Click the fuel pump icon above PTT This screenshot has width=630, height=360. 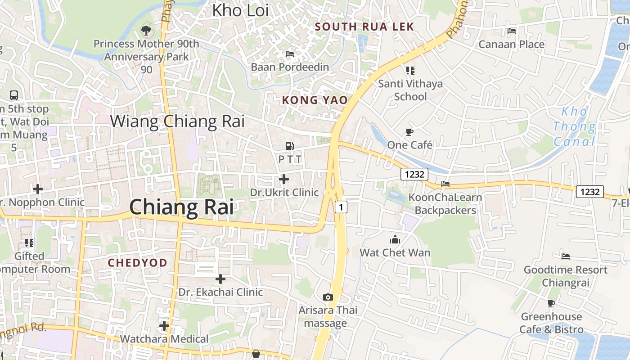tap(289, 146)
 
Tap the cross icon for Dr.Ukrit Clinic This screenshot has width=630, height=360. tap(284, 179)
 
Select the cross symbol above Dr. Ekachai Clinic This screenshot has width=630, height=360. tap(220, 279)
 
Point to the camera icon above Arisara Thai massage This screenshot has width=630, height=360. tap(328, 297)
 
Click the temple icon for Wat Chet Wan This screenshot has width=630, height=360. tap(395, 239)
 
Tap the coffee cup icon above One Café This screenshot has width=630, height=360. tap(409, 132)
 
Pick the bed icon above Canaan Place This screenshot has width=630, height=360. tap(512, 31)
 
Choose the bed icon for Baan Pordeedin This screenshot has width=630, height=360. tap(290, 54)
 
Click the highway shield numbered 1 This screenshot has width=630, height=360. tap(341, 207)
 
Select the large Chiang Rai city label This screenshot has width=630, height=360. tap(181, 207)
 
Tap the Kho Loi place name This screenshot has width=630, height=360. tap(240, 10)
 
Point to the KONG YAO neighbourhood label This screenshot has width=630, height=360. tap(315, 100)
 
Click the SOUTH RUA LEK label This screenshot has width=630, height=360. tap(364, 27)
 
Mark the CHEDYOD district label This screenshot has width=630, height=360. tap(138, 263)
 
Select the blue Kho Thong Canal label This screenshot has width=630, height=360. tap(574, 126)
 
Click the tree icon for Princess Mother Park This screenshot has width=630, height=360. tap(146, 31)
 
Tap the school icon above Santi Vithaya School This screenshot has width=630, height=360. tap(410, 71)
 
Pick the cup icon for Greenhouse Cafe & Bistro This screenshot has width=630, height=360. tap(551, 303)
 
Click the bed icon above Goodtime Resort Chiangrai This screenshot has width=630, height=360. tap(566, 256)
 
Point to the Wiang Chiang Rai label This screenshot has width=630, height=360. tap(177, 121)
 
